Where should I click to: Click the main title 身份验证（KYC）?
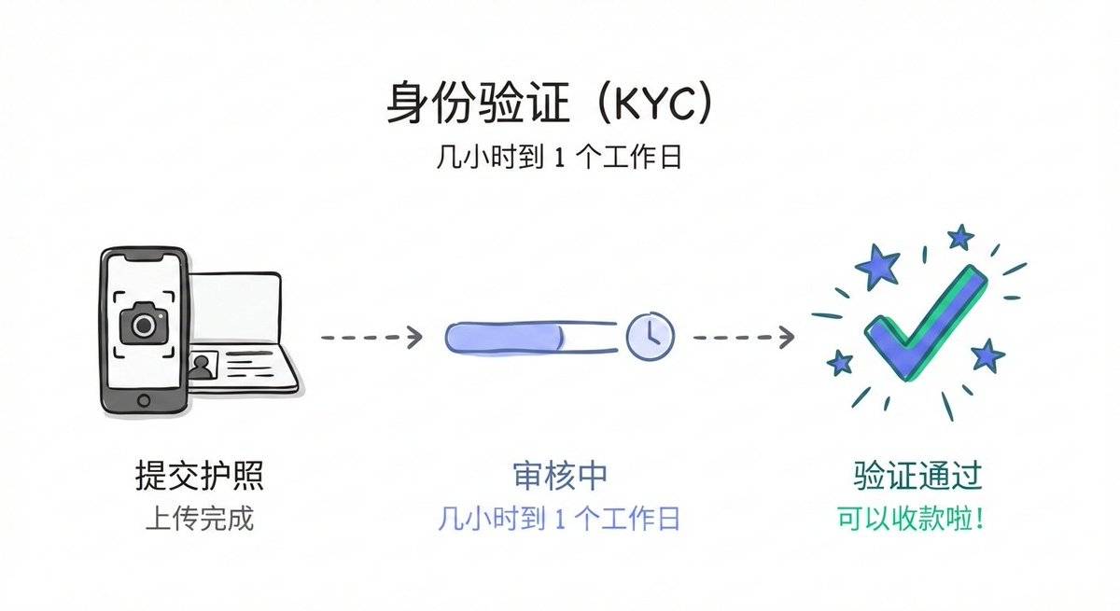coord(551,104)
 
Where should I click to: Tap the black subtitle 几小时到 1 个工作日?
coord(559,157)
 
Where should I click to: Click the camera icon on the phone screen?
coord(143,324)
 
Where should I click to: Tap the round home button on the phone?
coord(144,400)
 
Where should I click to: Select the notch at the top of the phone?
coord(144,256)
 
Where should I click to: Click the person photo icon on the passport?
coord(201,367)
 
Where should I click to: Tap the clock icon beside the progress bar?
coord(649,336)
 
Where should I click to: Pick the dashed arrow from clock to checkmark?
coord(743,336)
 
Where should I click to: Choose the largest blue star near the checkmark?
coord(878,267)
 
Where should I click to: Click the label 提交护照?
coord(199,477)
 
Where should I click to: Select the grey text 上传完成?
coord(199,519)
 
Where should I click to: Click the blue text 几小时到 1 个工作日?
coord(559,519)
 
